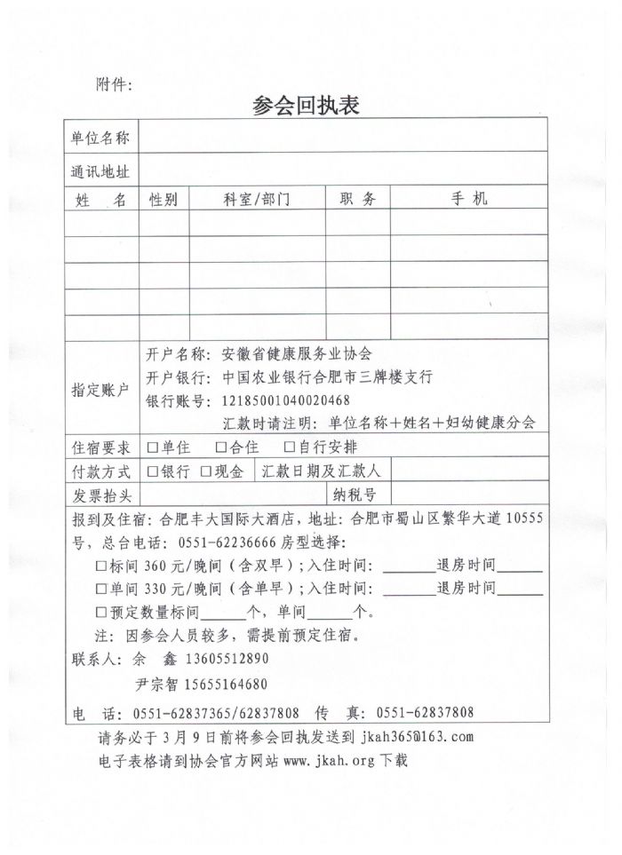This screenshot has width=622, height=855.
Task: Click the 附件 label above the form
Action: tap(112, 84)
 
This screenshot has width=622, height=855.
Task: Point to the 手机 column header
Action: tap(468, 200)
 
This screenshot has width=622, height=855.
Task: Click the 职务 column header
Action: tap(358, 200)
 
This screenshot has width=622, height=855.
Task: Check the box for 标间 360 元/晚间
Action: tap(100, 566)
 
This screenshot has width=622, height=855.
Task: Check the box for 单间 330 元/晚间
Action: tap(100, 589)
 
